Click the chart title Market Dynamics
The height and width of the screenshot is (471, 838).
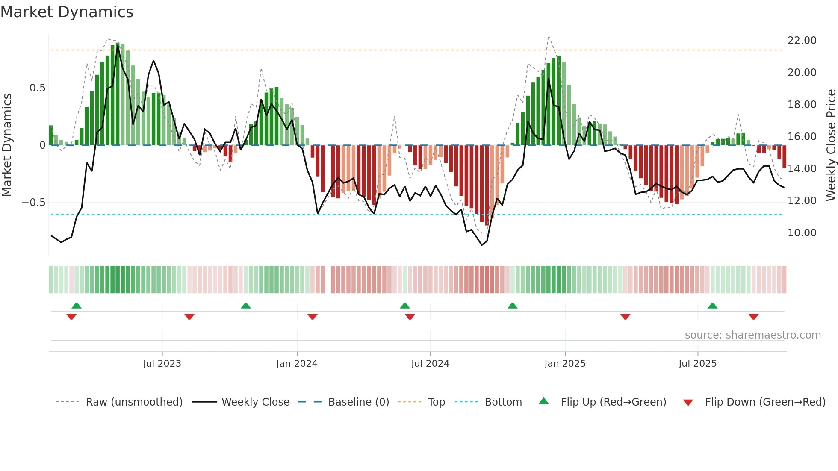point(67,12)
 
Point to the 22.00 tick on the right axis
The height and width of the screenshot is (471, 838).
point(802,41)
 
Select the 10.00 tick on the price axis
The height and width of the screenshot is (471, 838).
point(802,233)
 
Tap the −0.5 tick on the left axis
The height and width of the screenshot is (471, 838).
point(34,203)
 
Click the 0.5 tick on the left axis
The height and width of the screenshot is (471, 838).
point(37,88)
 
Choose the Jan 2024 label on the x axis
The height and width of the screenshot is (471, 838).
point(297,364)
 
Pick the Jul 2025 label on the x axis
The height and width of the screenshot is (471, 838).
point(697,364)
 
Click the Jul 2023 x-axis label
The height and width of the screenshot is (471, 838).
point(162,364)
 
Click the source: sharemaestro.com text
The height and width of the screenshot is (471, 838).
point(752,335)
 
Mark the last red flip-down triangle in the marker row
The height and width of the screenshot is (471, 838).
point(753,317)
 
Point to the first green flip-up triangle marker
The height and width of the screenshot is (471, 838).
point(77,306)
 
